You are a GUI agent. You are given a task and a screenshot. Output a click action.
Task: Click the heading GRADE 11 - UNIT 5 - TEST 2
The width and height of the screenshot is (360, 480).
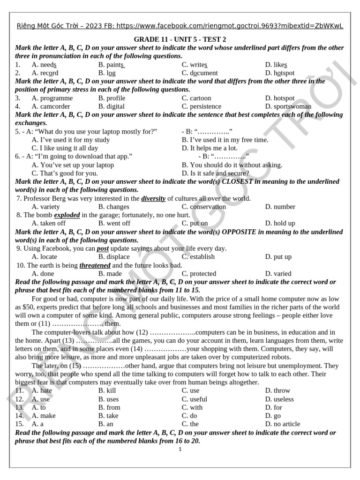point(180,39)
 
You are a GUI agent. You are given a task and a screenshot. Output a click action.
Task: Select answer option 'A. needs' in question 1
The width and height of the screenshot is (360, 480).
point(44,65)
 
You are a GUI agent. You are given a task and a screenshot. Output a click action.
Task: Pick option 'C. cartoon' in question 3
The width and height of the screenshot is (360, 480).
point(196,98)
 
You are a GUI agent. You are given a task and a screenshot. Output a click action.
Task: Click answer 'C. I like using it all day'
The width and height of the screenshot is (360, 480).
point(65,148)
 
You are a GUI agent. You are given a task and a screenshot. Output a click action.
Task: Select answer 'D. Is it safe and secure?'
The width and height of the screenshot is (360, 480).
point(215,173)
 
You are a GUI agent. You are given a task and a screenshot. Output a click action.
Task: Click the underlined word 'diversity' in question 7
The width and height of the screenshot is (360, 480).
point(153,198)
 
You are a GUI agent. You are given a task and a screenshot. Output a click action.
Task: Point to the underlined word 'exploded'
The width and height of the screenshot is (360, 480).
point(67,215)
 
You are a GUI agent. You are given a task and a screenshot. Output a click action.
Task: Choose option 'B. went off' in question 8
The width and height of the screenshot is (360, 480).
point(114,223)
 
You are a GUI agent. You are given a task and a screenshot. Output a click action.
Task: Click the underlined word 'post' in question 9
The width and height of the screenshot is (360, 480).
point(103,248)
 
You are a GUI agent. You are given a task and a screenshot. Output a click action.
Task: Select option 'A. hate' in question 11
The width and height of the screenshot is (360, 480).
point(42,390)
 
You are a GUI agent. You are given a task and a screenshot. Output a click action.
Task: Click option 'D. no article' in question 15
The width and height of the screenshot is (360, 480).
point(283,424)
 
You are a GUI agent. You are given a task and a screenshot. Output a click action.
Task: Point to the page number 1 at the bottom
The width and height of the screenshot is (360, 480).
point(180,449)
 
